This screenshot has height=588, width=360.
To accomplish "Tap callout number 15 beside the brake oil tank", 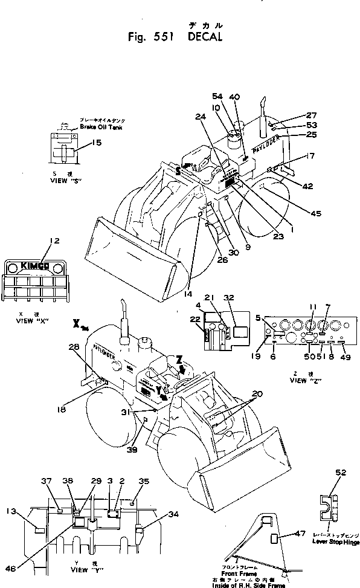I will (96, 143).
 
